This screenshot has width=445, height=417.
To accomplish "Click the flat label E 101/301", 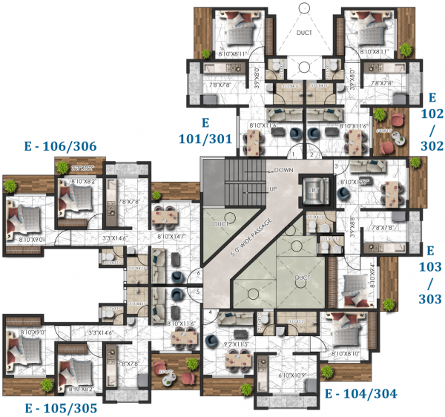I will (x=206, y=131).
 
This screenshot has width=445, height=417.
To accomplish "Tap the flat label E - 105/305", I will (x=60, y=407).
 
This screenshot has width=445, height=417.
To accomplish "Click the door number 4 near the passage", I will (x=211, y=312).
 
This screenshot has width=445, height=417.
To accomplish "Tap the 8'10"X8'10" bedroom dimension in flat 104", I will (x=348, y=353).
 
